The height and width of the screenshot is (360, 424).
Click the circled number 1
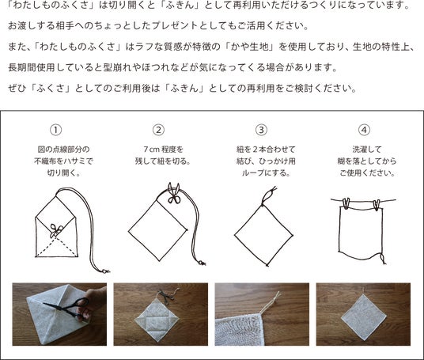[56, 130]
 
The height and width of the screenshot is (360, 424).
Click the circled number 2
[158, 130]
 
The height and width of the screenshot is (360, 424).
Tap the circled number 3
[261, 130]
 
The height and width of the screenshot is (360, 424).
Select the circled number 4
[364, 130]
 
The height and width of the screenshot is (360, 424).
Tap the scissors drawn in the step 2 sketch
[174, 193]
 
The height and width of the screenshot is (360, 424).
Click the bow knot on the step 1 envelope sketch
[56, 231]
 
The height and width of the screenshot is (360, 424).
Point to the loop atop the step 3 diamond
[267, 197]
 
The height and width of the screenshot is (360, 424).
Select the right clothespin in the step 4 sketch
[377, 205]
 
